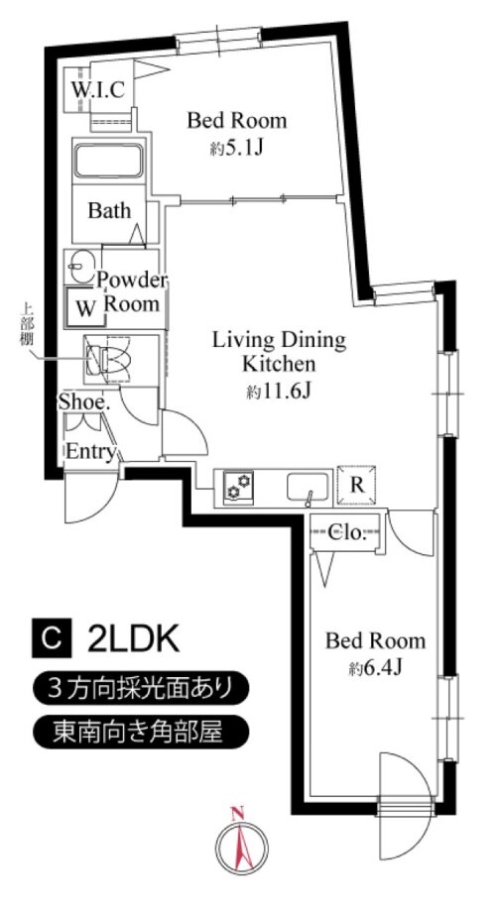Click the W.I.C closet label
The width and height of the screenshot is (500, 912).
point(97,90)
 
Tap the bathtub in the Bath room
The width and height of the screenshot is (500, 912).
point(108,162)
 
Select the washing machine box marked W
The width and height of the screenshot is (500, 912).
point(85,306)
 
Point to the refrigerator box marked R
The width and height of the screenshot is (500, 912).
point(357,486)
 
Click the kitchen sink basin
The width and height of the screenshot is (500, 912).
point(308,487)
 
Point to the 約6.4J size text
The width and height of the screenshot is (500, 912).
point(376,668)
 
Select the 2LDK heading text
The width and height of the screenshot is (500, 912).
point(132,639)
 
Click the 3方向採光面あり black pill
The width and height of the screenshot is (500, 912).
point(141,689)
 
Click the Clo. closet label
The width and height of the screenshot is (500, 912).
point(346,531)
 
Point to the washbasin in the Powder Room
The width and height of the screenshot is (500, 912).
point(80,267)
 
